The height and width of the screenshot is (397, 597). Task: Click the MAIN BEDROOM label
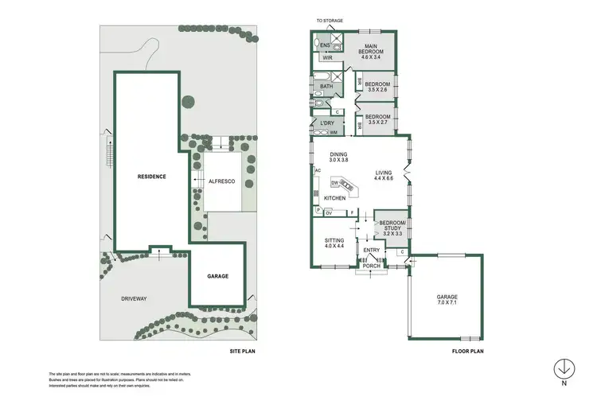click(x=369, y=52)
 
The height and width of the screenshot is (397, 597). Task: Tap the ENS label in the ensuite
click(x=325, y=45)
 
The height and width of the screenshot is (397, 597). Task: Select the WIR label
click(x=327, y=58)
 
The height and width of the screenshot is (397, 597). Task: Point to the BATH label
click(x=326, y=86)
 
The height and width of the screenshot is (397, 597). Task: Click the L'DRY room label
click(x=326, y=123)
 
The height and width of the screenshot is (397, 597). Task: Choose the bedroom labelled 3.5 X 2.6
click(x=378, y=87)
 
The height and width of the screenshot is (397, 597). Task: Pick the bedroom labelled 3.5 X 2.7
click(x=378, y=120)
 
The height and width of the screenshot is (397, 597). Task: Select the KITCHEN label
click(x=334, y=197)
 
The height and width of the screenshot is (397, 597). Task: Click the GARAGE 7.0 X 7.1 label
click(x=447, y=300)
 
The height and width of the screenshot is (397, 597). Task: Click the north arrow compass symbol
click(x=564, y=369)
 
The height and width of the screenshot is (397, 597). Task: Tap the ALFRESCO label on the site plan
click(x=220, y=182)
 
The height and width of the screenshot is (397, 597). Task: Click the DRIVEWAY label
click(x=134, y=298)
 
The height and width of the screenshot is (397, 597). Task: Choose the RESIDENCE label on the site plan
click(x=151, y=177)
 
